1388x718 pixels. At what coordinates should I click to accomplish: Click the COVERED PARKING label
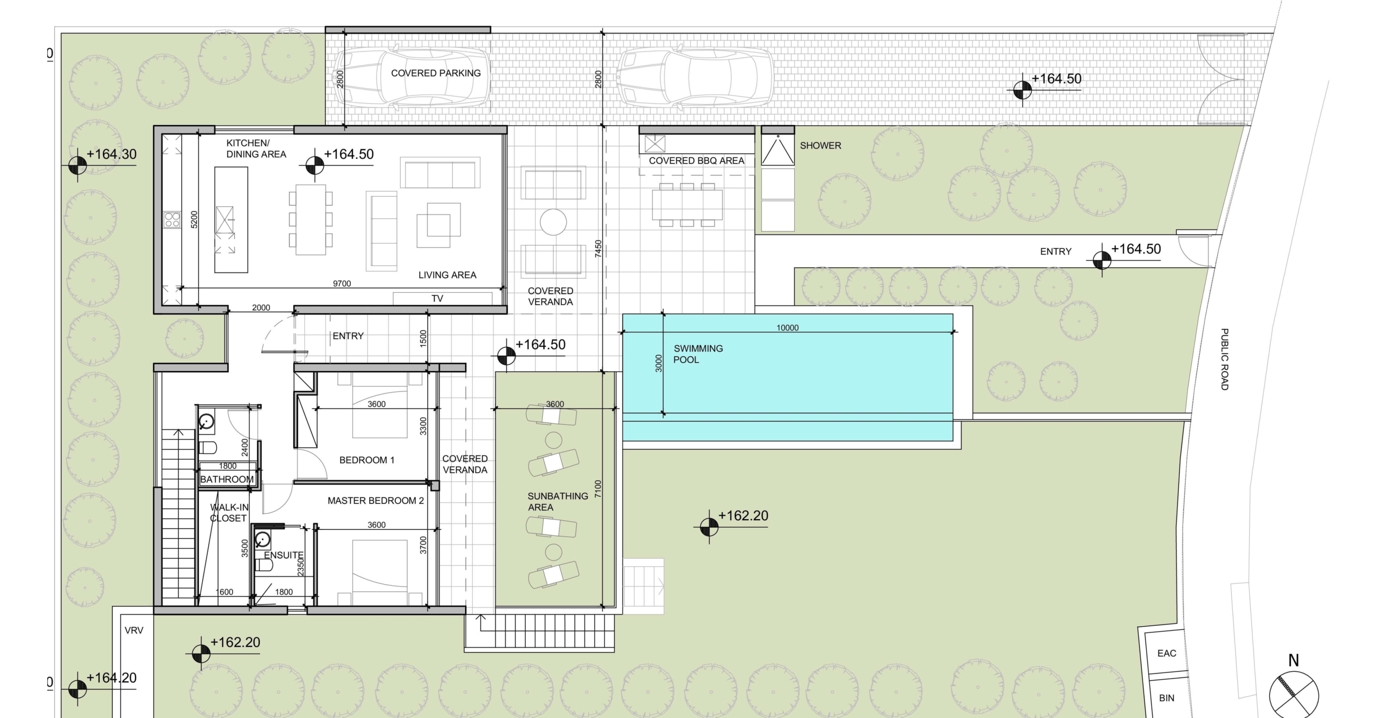(x=436, y=73)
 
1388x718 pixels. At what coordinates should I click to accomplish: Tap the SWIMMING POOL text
(x=698, y=354)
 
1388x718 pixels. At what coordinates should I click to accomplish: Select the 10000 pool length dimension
(x=787, y=328)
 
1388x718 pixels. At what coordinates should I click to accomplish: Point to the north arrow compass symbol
(x=1294, y=695)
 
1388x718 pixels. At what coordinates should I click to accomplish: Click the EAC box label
(x=1167, y=654)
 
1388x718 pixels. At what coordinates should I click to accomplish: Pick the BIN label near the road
(x=1167, y=698)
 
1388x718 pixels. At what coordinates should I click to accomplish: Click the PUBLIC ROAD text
(x=1224, y=359)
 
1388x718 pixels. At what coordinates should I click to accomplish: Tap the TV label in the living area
(x=437, y=299)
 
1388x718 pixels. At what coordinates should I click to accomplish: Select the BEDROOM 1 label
(x=367, y=460)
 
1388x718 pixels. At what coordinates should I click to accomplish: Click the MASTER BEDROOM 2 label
(x=376, y=501)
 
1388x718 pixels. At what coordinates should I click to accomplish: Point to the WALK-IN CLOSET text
(x=229, y=513)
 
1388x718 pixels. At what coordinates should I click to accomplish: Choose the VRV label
(x=134, y=630)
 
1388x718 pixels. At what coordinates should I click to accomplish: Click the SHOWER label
(x=820, y=146)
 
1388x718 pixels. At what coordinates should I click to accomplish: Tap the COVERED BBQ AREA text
(x=697, y=161)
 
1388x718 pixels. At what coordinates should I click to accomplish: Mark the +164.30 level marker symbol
(x=78, y=164)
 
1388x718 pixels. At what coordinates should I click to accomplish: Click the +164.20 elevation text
(x=111, y=678)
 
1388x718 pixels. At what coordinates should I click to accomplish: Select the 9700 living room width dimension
(x=342, y=283)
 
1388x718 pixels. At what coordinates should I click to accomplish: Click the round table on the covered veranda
(x=554, y=222)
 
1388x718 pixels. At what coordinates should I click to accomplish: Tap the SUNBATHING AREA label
(x=558, y=502)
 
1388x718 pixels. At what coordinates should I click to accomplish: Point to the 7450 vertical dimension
(x=598, y=249)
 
